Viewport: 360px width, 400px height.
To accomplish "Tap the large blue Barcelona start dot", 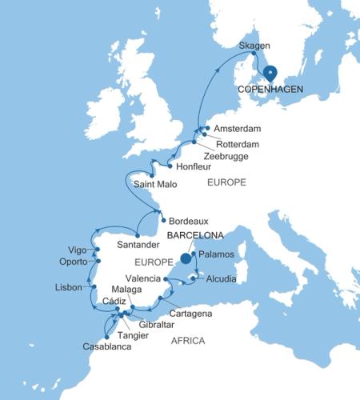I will [186, 258].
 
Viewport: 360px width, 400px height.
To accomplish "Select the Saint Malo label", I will [157, 185].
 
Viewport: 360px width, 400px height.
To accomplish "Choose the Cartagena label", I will [190, 314].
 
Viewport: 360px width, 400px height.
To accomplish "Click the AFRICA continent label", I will [188, 341].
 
